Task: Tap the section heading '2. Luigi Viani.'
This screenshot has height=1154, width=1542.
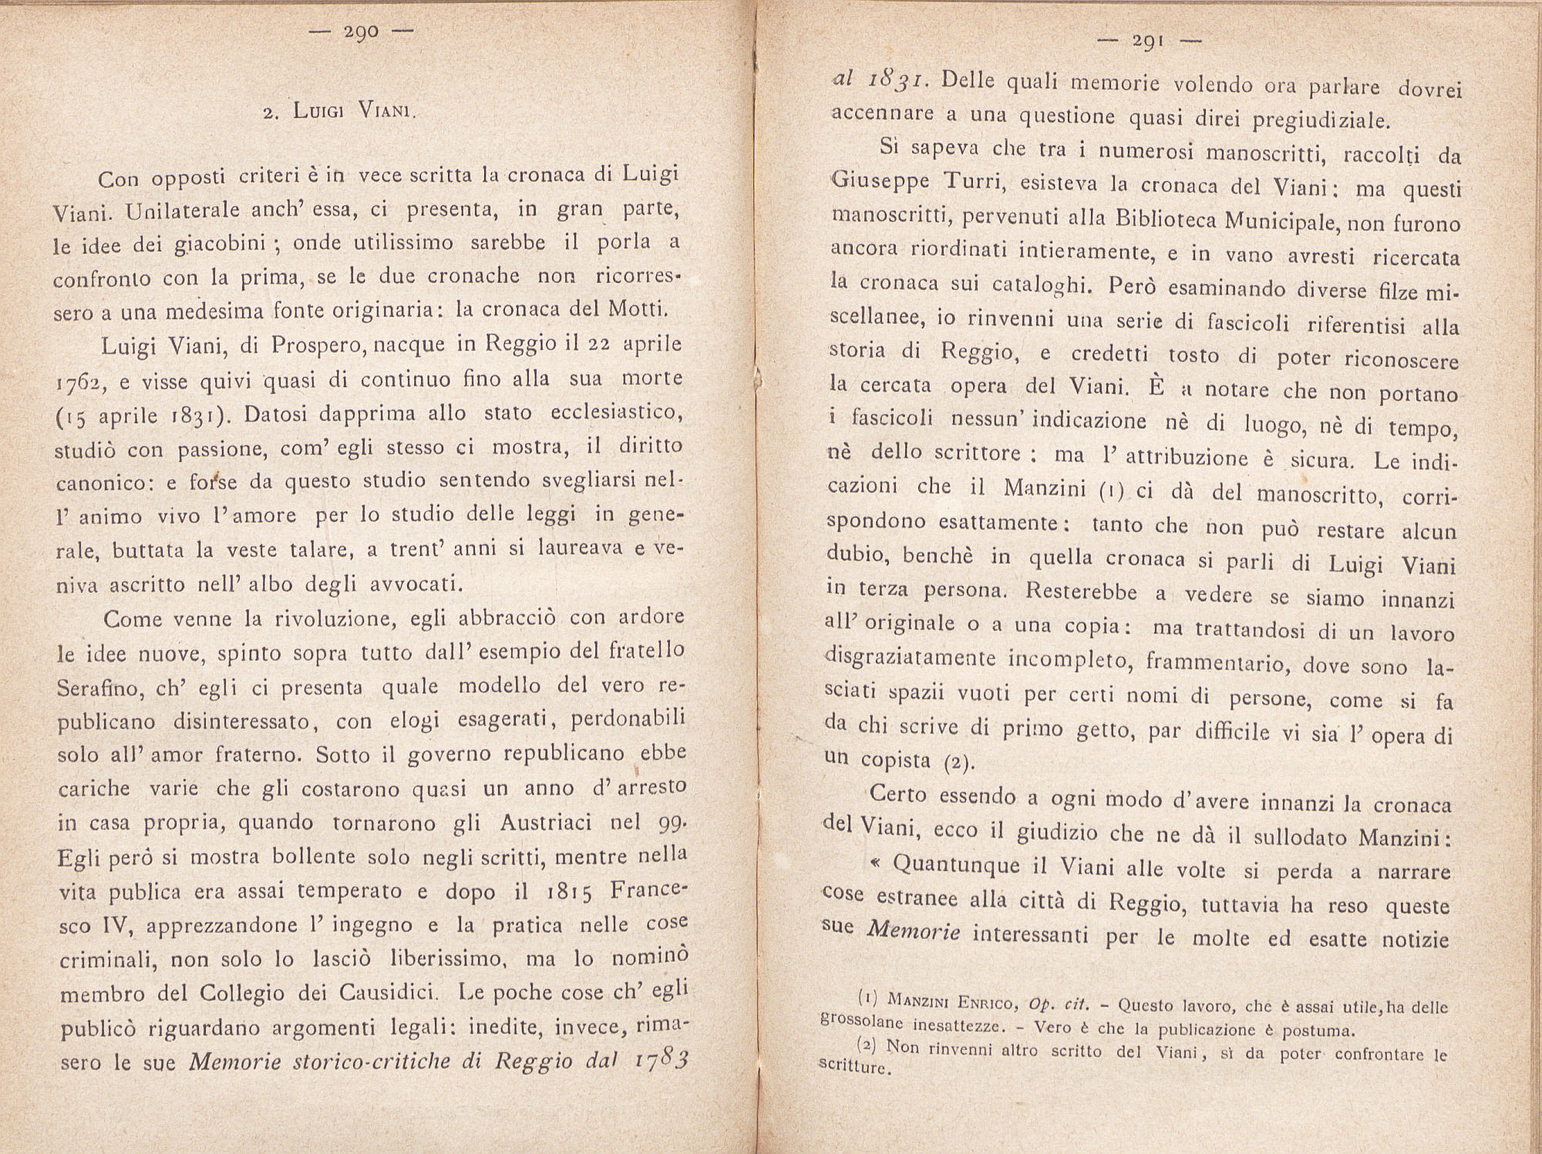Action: [x=339, y=111]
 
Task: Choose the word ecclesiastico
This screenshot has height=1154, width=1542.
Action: [x=617, y=413]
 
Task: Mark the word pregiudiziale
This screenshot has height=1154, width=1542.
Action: [x=1320, y=120]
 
